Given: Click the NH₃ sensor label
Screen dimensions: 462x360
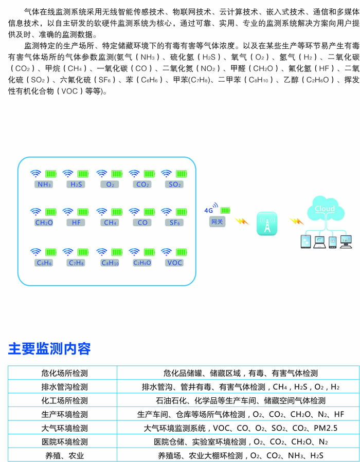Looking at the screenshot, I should pos(44,184).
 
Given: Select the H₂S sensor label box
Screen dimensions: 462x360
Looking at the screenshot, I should pos(76,184).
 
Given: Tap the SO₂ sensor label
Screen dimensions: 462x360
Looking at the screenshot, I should pos(174,184).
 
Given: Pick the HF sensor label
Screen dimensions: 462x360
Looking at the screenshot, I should pos(76,223).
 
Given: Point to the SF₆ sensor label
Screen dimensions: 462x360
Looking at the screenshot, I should pos(174,223).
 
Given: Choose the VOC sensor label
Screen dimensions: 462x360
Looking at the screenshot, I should pos(174,263).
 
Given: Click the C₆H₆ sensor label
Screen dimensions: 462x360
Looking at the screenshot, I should pos(44,263).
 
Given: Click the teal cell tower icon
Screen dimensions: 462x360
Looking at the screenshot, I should pos(267,224).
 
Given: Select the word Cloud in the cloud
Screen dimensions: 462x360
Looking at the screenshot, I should pos(325,209).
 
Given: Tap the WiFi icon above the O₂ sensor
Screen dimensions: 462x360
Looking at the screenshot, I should pos(102,173).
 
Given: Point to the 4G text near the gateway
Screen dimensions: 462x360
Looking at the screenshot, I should pos(208,210).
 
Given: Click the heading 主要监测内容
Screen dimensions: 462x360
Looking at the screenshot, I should pos(49,349).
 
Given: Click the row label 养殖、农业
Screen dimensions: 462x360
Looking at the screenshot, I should pos(63,455).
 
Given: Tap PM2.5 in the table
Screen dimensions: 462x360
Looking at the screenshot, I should pos(325,428).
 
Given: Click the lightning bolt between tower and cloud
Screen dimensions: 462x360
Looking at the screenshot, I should pos(295,221).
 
